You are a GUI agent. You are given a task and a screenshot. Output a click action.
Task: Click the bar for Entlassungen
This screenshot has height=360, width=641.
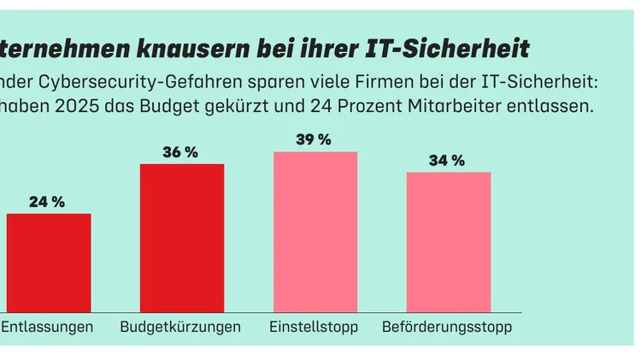(48, 263)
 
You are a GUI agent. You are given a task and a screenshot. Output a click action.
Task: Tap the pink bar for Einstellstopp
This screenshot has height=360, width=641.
(315, 232)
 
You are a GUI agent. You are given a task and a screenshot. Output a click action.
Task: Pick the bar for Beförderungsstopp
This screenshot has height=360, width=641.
(449, 242)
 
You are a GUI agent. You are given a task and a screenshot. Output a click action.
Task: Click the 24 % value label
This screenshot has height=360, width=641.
(47, 203)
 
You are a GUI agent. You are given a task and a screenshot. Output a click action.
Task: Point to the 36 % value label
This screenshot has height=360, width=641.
(180, 153)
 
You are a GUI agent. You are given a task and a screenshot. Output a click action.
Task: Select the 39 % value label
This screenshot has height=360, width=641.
(314, 140)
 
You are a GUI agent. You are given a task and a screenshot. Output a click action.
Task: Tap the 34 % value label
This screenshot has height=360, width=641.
(447, 161)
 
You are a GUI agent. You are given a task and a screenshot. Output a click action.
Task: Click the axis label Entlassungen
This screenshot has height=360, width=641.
(47, 328)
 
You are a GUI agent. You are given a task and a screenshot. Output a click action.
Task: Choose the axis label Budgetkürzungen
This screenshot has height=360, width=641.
(180, 328)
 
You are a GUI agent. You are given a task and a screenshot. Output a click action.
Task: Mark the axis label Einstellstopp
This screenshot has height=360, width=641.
(314, 328)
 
